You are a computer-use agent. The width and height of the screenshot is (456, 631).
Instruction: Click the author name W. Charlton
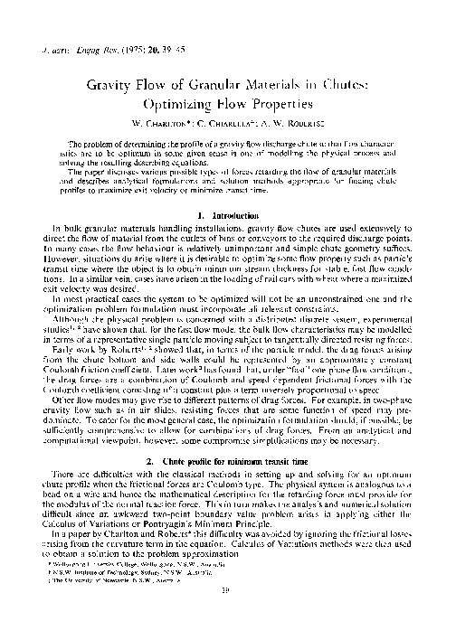[x=159, y=123]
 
